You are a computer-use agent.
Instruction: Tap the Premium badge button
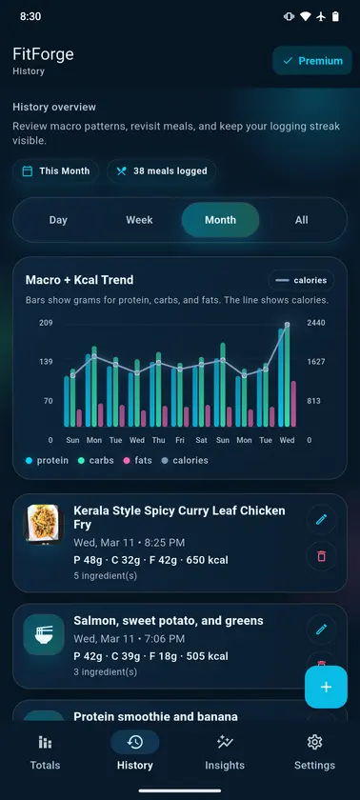(x=312, y=61)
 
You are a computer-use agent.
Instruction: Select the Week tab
(x=139, y=220)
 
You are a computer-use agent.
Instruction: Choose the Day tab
(x=58, y=220)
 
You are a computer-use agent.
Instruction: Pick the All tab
(x=301, y=220)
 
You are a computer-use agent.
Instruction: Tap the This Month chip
(x=55, y=170)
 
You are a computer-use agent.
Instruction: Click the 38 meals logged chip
(x=162, y=170)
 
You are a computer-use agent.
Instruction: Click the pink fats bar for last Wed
(x=293, y=404)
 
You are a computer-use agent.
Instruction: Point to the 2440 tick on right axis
(x=316, y=323)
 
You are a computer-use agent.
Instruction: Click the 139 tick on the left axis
(x=46, y=362)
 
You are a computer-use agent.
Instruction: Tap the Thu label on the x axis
(x=159, y=440)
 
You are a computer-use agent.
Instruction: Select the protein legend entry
(x=47, y=460)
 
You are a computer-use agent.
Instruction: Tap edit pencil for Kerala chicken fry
(x=321, y=519)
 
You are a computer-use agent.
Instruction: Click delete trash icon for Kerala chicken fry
(x=321, y=555)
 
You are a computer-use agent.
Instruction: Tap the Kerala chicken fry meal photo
(x=44, y=525)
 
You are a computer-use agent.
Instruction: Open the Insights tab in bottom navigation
(x=225, y=752)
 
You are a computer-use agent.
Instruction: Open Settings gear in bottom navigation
(x=314, y=752)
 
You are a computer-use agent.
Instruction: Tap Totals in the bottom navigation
(x=46, y=752)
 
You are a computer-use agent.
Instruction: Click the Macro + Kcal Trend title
(x=80, y=280)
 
